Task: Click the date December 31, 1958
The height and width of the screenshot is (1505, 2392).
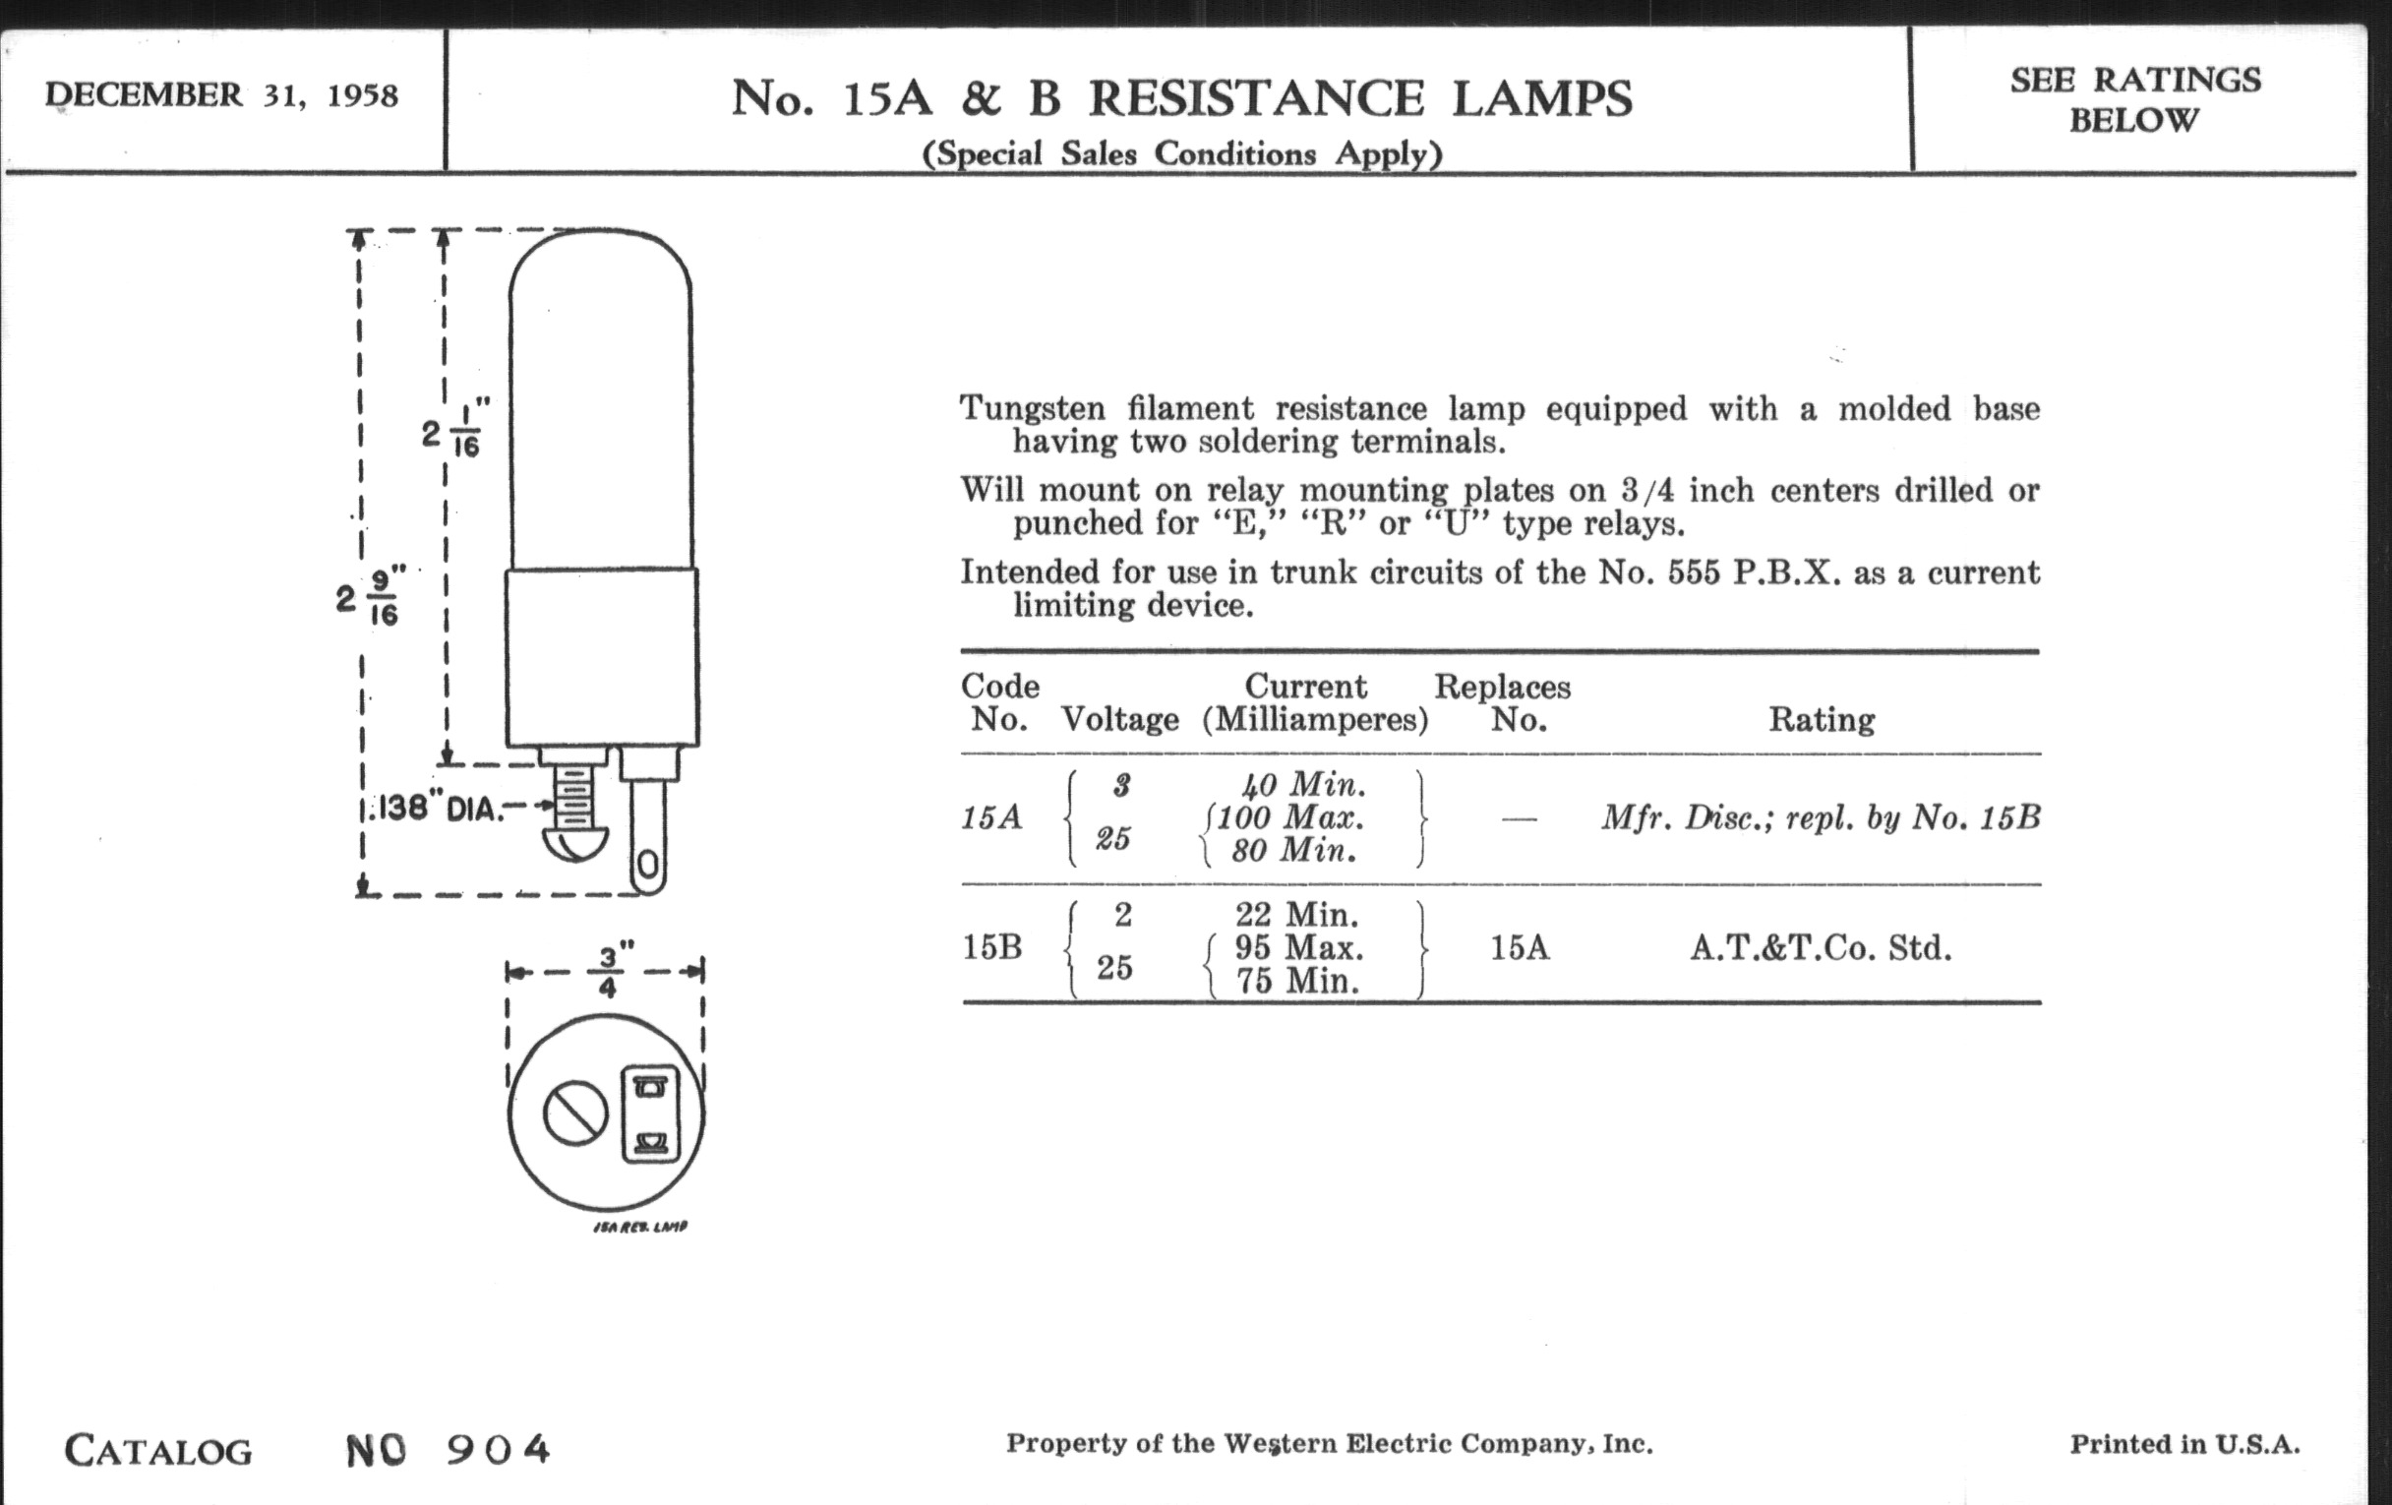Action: click(x=221, y=95)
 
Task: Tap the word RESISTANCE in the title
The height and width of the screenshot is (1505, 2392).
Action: click(x=1257, y=98)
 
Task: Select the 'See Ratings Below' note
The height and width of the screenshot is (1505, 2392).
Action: click(x=2135, y=99)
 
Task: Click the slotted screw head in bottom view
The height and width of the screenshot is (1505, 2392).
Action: click(x=575, y=1114)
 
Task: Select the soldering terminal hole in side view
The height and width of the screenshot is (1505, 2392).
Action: click(x=646, y=867)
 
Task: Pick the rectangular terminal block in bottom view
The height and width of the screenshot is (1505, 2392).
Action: click(x=651, y=1114)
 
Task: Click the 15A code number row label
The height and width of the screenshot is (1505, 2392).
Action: click(x=991, y=817)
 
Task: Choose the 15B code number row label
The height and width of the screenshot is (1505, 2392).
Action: click(x=991, y=947)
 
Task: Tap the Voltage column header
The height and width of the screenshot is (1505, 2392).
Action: click(x=1120, y=719)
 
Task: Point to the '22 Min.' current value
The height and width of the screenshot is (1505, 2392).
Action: click(x=1296, y=914)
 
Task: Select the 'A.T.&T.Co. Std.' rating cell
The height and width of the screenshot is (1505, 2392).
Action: click(x=1821, y=947)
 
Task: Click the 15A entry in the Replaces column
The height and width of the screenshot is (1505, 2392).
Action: click(x=1519, y=947)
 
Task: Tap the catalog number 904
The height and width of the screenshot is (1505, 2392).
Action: click(x=498, y=1450)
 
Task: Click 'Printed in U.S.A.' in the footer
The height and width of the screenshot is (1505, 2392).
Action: click(x=2184, y=1444)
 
